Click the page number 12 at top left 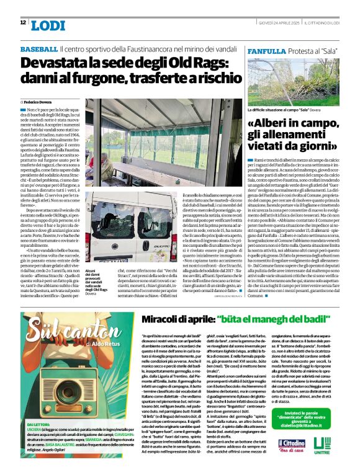click(x=23, y=22)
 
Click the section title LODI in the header click(x=48, y=25)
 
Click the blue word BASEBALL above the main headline click(x=38, y=48)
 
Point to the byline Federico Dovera click(x=38, y=100)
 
